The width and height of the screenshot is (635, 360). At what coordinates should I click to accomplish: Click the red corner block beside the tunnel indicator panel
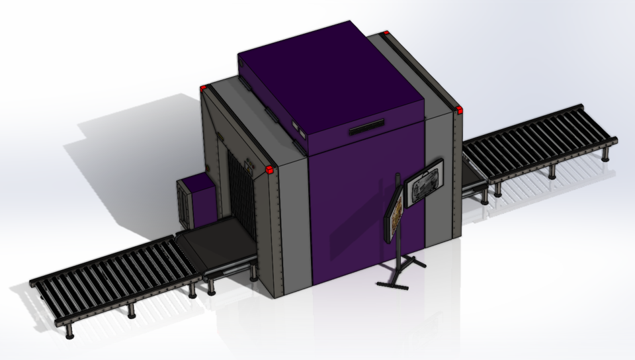[271, 170]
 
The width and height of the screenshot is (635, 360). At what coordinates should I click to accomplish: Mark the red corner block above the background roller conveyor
[457, 110]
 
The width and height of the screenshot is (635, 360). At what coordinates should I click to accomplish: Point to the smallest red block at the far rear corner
[386, 32]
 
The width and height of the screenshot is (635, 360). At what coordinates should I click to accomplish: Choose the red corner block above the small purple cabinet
[204, 87]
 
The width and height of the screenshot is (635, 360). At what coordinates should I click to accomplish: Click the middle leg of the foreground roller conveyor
[130, 310]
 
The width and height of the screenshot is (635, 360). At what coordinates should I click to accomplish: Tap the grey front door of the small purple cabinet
[185, 202]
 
